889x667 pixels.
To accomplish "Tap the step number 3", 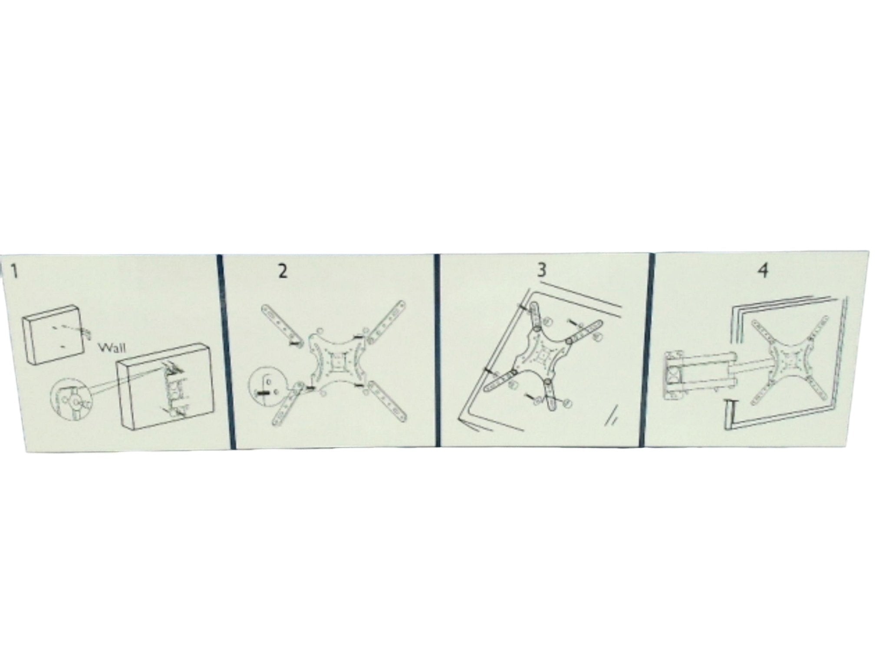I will (x=541, y=271).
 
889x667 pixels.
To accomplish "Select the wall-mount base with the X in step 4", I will (x=675, y=373).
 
